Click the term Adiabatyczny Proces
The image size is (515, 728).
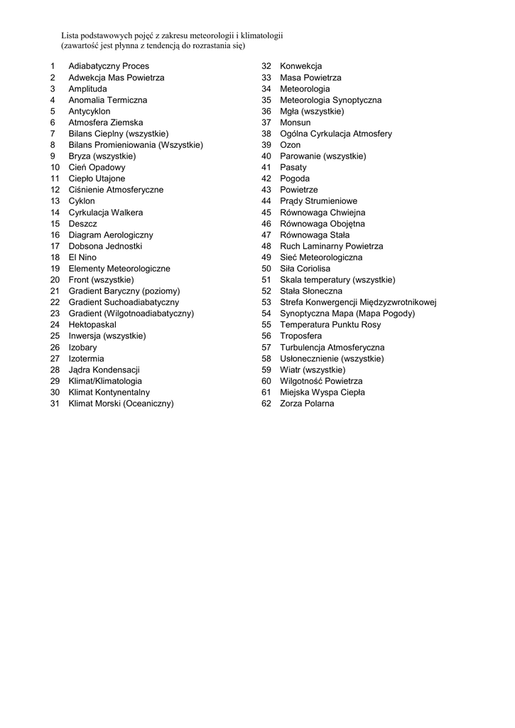pyautogui.click(x=109, y=66)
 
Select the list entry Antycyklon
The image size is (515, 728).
pyautogui.click(x=90, y=111)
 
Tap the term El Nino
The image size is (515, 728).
pyautogui.click(x=82, y=257)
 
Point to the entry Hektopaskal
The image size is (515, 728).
pyautogui.click(x=92, y=325)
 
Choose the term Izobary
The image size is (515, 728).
pyautogui.click(x=82, y=348)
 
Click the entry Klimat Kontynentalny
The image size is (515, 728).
pyautogui.click(x=109, y=392)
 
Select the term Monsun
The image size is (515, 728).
pyautogui.click(x=296, y=122)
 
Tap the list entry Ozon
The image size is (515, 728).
pyautogui.click(x=290, y=145)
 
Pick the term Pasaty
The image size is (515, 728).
pyautogui.click(x=293, y=167)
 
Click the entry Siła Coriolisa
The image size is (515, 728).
pyautogui.click(x=305, y=269)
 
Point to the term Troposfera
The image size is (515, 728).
pyautogui.click(x=300, y=336)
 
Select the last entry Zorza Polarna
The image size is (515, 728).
pyautogui.click(x=307, y=404)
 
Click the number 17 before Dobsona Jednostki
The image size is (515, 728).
pyautogui.click(x=55, y=246)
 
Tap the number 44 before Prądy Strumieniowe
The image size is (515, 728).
pyautogui.click(x=266, y=201)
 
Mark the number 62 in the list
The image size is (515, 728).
pyautogui.click(x=266, y=404)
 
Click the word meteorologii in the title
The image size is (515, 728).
pyautogui.click(x=214, y=35)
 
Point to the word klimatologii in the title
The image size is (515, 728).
pyautogui.click(x=261, y=35)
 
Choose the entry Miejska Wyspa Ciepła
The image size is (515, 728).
pyautogui.click(x=322, y=392)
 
